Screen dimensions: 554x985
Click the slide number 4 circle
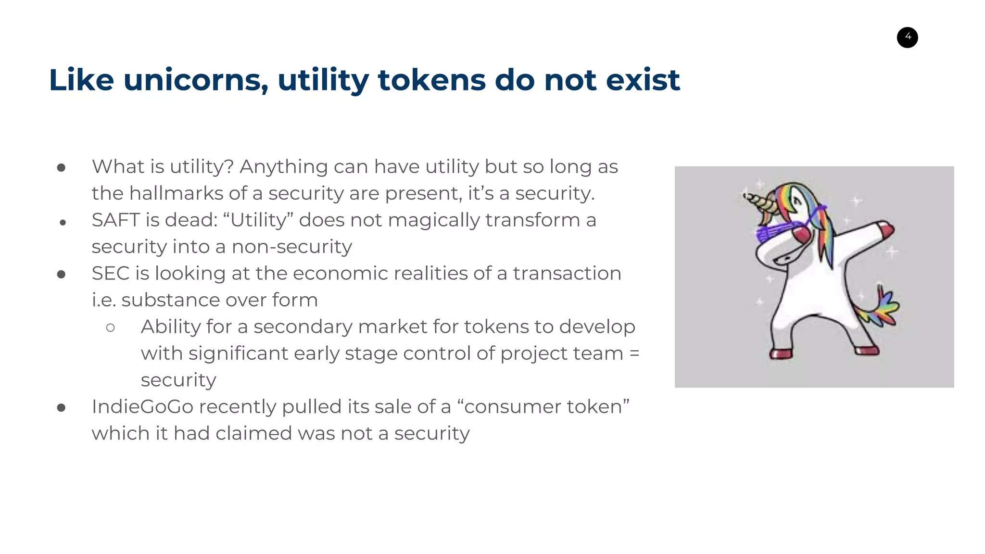[907, 37]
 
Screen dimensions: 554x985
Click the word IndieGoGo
[142, 407]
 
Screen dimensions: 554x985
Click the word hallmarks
[176, 193]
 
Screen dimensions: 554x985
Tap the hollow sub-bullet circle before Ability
[110, 328]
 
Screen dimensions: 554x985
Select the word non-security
[291, 247]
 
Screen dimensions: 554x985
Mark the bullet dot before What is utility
[61, 168]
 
